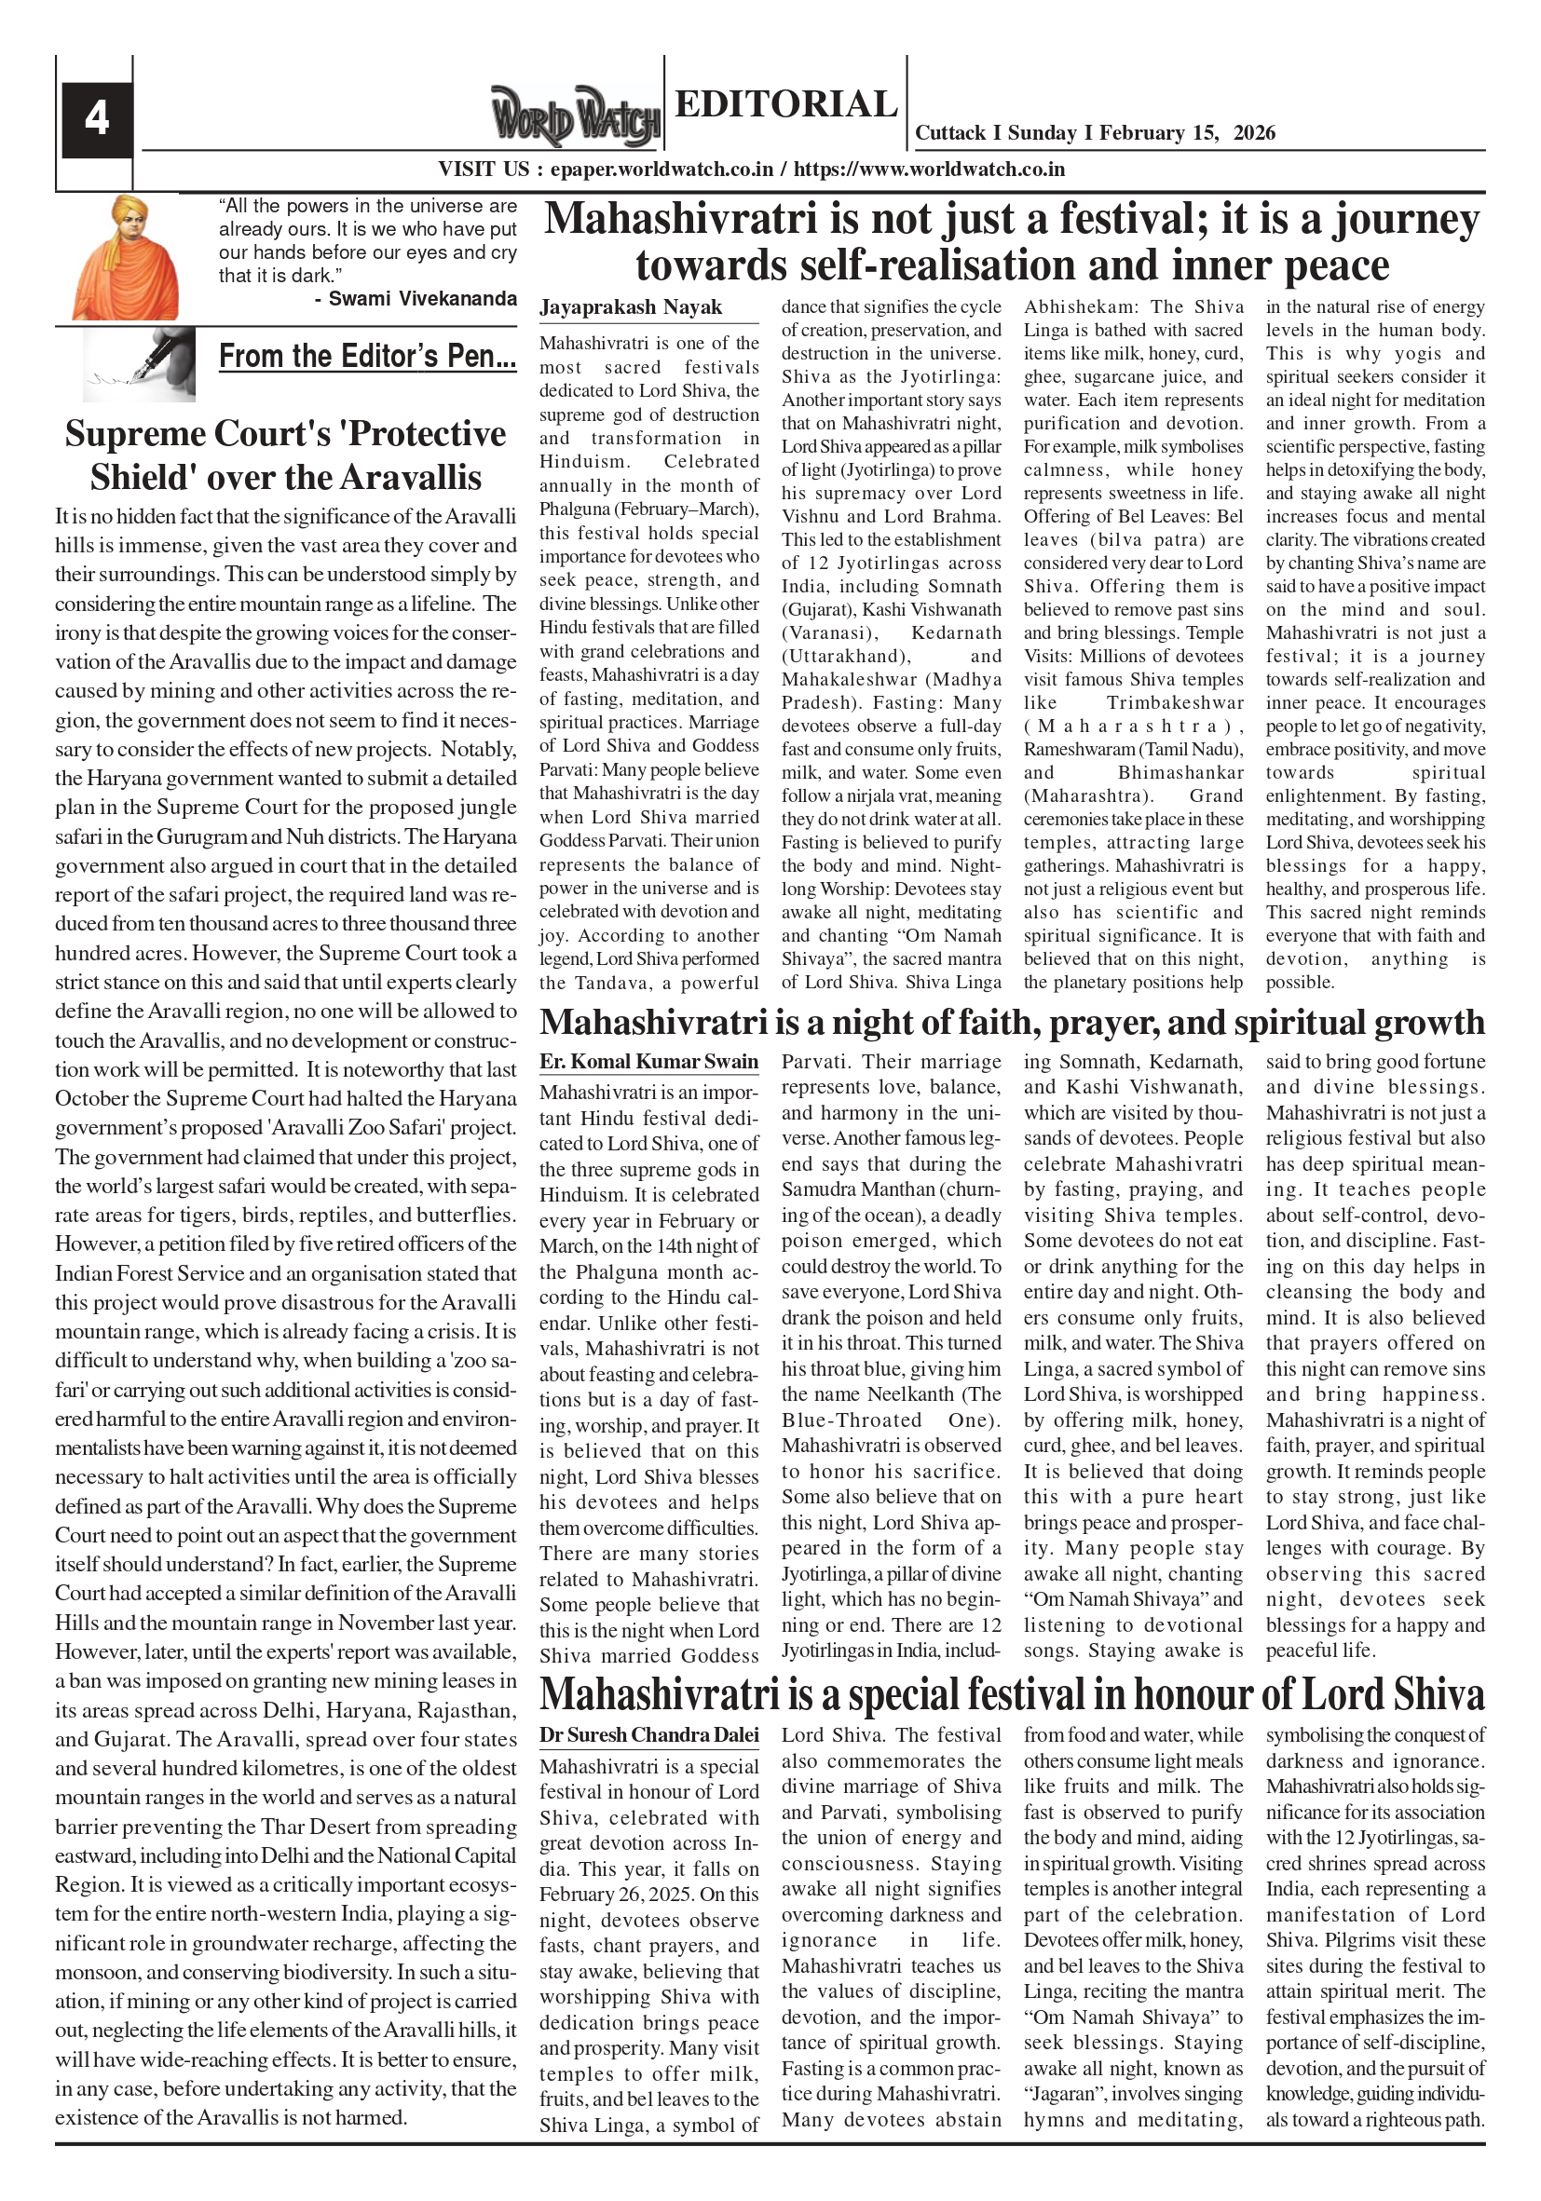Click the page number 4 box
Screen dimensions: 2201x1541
(x=96, y=119)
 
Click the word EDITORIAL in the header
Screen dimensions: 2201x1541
(x=785, y=103)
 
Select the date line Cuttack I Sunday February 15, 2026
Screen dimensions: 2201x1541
(x=1095, y=133)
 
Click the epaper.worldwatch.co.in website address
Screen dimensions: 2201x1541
(x=661, y=170)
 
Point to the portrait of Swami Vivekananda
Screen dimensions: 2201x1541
(x=126, y=257)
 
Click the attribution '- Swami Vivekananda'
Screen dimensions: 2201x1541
(x=416, y=299)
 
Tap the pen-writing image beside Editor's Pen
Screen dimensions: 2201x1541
(x=139, y=364)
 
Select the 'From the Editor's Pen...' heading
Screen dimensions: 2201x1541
(x=367, y=357)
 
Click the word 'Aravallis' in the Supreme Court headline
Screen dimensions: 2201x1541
(x=408, y=478)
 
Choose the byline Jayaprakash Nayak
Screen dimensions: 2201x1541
(x=630, y=307)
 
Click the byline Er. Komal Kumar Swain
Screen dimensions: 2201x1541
(x=648, y=1062)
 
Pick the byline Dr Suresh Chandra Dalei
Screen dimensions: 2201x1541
(x=648, y=1735)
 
